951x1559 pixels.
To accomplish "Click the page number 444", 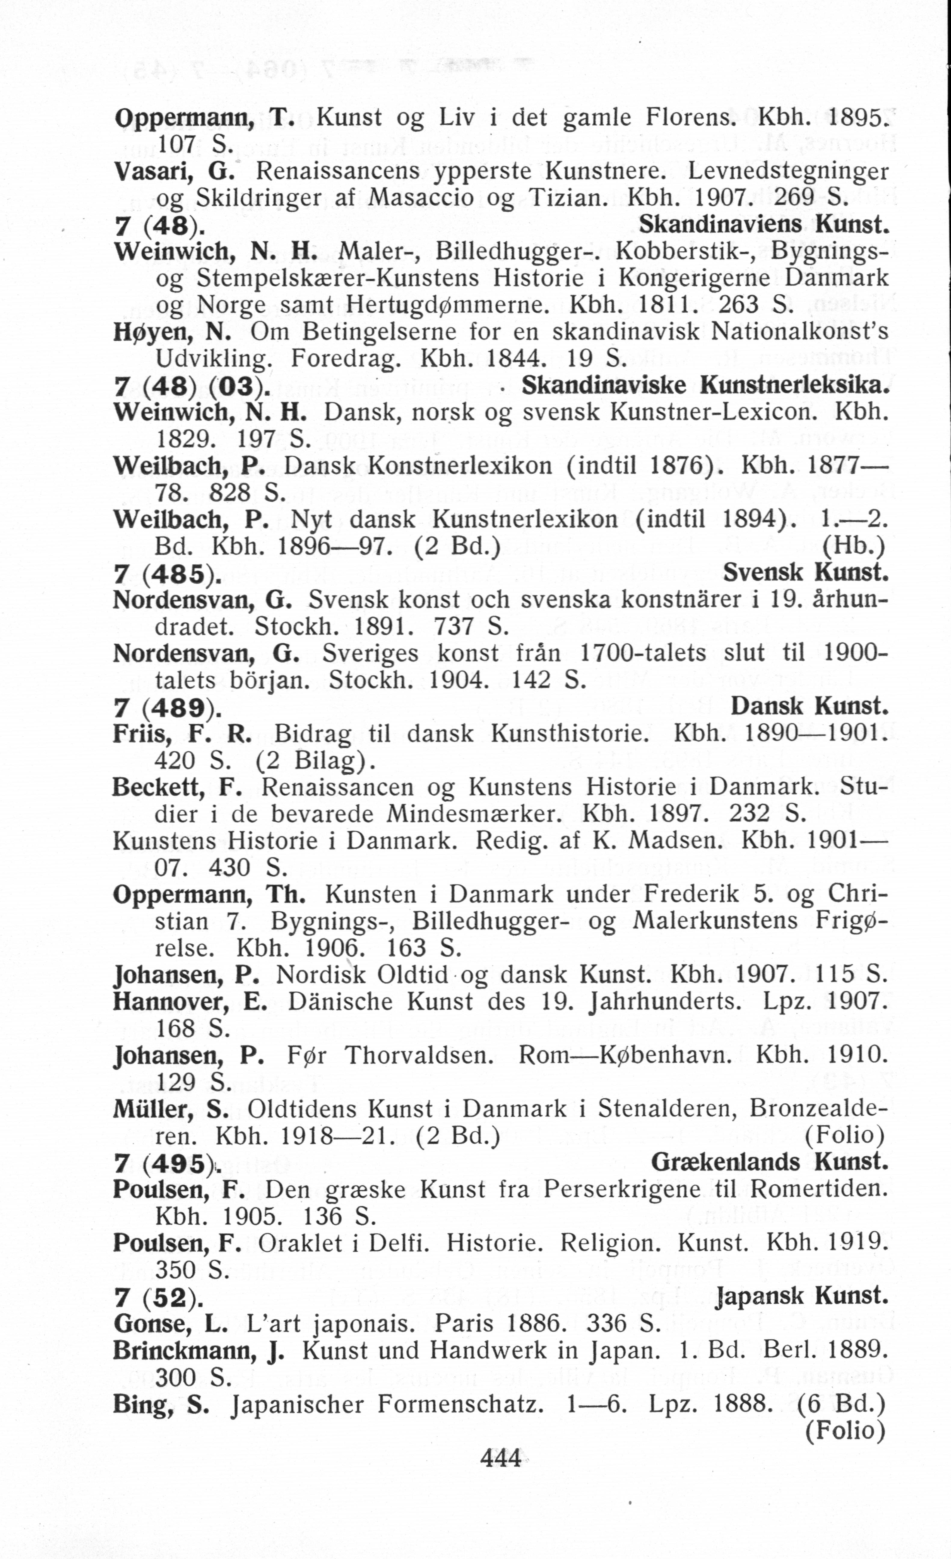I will pyautogui.click(x=501, y=1458).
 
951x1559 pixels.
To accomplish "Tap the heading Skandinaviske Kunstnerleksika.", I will pyautogui.click(x=704, y=386).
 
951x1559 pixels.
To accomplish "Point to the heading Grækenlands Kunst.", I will pyautogui.click(x=769, y=1162).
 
